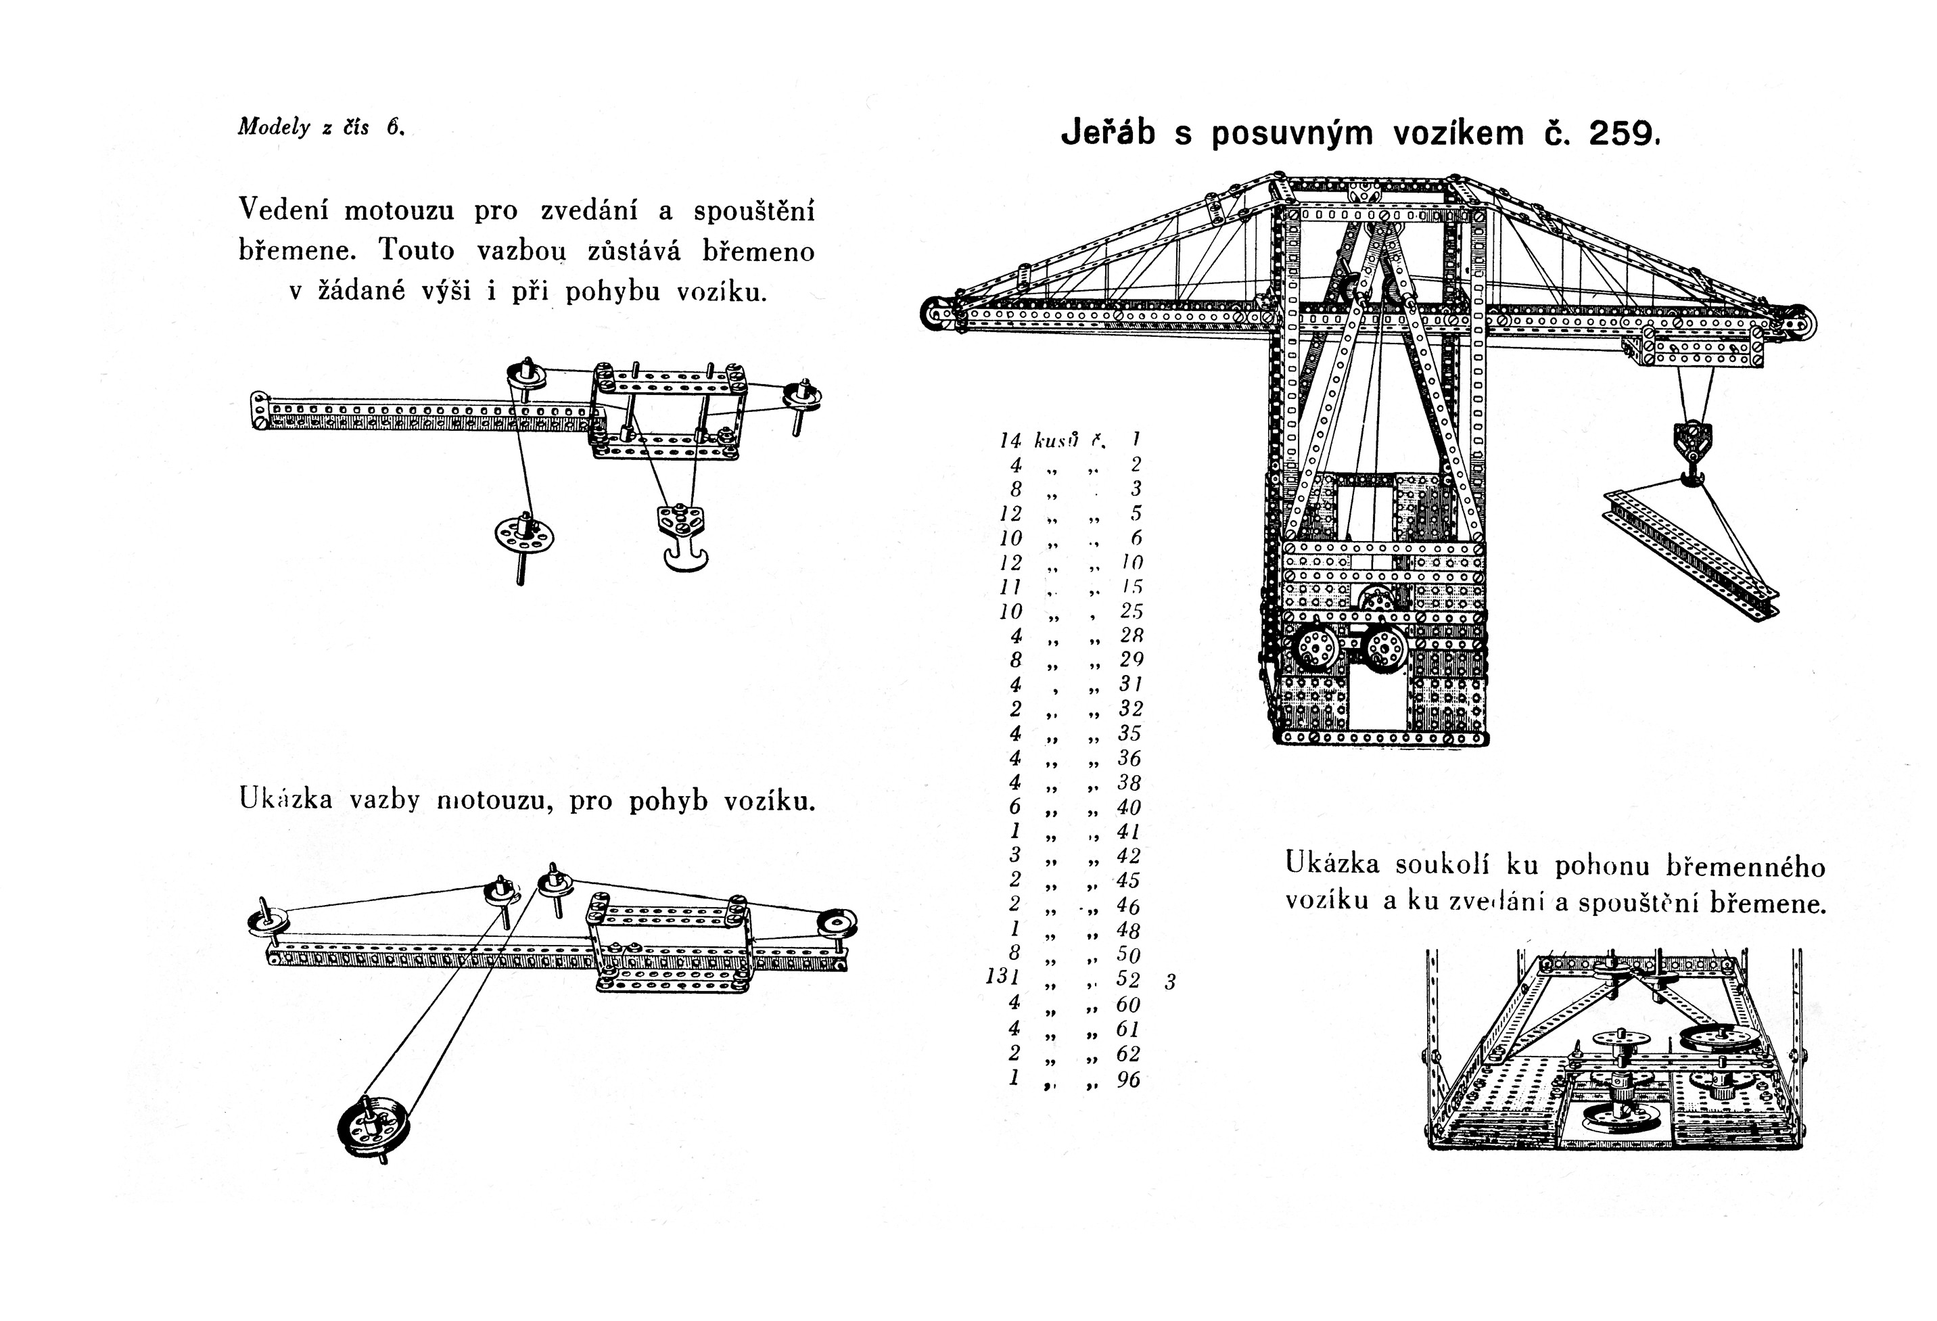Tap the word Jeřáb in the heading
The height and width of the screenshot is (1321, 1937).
tap(1108, 133)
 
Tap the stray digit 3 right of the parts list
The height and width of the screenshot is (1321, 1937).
tap(1170, 983)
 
